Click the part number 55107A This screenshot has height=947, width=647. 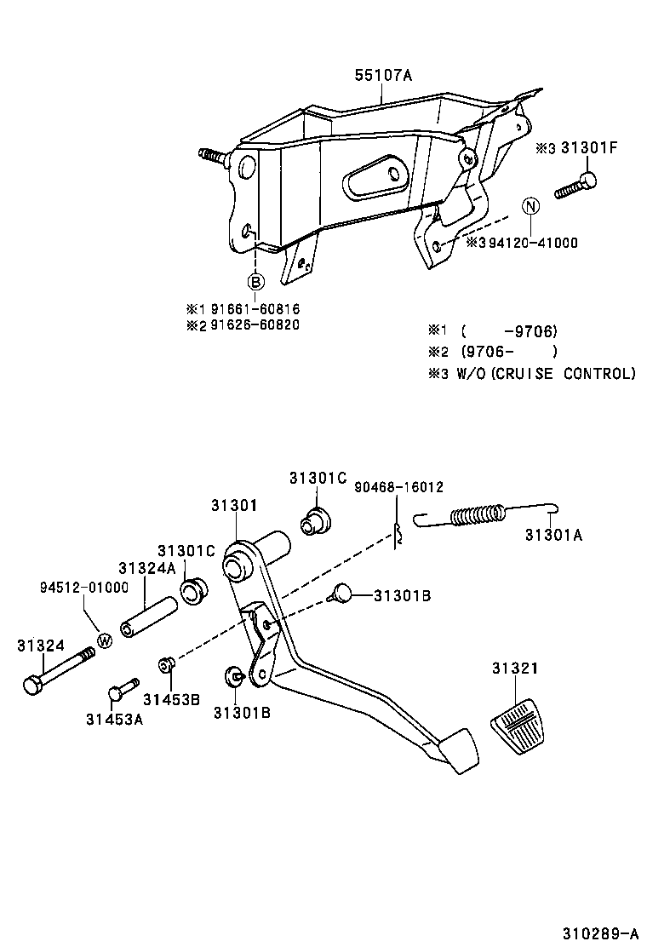pos(383,76)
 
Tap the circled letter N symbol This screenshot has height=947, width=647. pos(530,206)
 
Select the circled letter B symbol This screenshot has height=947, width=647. pos(255,282)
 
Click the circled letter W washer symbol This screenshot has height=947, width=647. pos(104,640)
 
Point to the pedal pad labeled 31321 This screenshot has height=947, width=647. pos(518,726)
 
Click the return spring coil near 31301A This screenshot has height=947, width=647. pos(478,516)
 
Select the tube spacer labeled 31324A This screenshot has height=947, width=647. pos(146,617)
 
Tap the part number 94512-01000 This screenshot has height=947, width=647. pos(83,588)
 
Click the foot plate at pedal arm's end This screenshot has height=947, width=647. pos(459,750)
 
